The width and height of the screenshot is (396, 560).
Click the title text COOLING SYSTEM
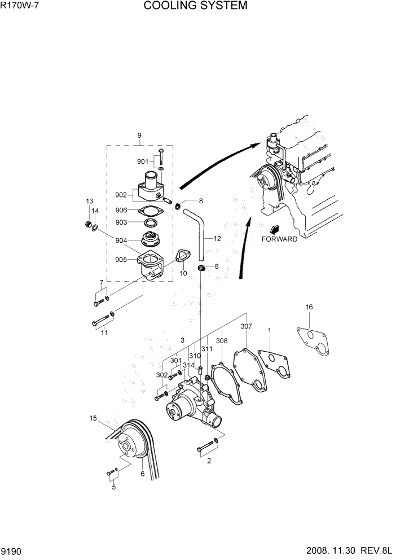195,6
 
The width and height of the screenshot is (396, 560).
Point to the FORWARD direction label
279,239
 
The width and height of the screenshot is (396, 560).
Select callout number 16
309,307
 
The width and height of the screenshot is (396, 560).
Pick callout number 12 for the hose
217,239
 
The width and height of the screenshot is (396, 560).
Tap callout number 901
143,162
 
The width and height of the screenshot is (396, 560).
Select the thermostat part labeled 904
151,240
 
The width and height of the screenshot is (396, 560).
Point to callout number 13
89,202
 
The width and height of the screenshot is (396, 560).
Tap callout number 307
246,326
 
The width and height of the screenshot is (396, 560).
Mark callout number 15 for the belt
93,418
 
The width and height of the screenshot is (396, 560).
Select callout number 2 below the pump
209,461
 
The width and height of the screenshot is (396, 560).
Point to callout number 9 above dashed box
139,135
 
